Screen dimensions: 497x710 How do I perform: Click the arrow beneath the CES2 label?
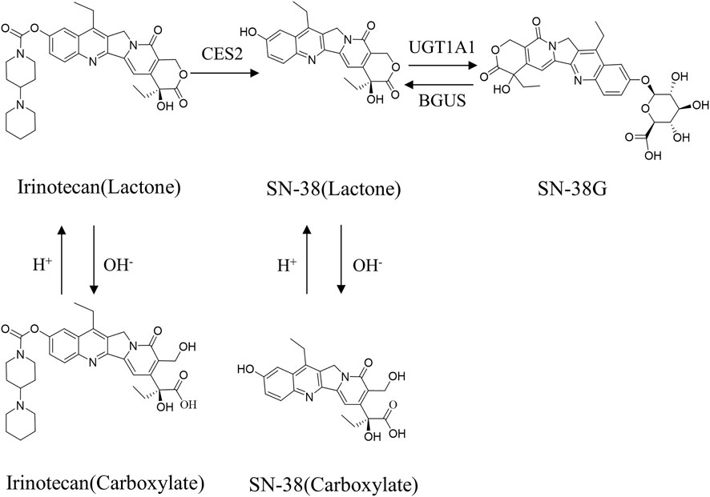coord(222,73)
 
